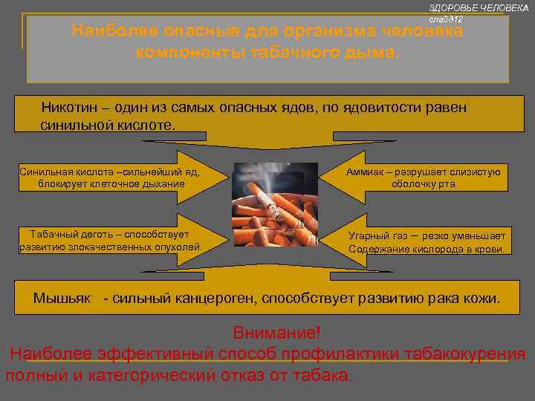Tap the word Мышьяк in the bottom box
62,298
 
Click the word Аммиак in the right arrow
366,172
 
